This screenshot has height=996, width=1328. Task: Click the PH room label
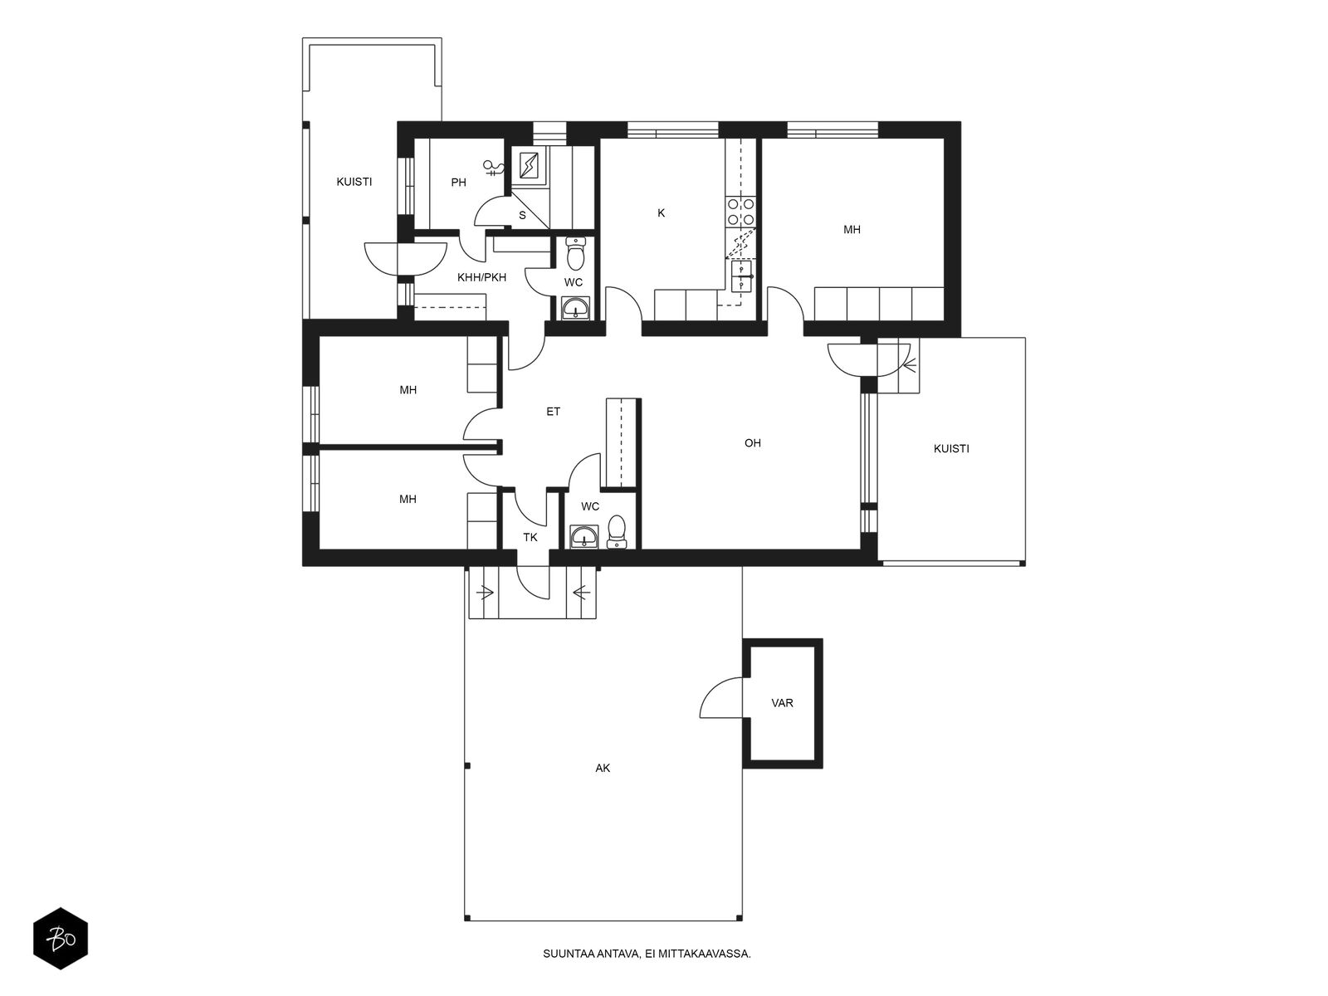[458, 182]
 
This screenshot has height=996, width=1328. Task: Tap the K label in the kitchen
[661, 212]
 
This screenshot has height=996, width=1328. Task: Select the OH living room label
[752, 443]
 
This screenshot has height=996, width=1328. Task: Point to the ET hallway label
[553, 412]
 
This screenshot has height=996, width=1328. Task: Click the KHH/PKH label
[481, 277]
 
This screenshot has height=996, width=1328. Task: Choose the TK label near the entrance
[530, 537]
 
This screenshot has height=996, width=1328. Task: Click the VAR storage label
[782, 703]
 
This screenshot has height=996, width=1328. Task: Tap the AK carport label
[603, 768]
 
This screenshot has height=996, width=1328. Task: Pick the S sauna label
[522, 215]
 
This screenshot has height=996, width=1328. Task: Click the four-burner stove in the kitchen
[740, 212]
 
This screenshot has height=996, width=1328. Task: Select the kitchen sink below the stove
[742, 276]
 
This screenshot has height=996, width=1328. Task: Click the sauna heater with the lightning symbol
[529, 164]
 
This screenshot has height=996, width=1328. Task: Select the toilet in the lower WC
[617, 531]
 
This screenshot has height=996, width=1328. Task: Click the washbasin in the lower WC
[583, 536]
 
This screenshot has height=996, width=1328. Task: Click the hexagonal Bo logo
[61, 939]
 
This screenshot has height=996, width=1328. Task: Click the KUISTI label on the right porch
[951, 449]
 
